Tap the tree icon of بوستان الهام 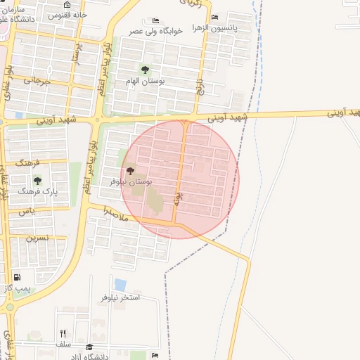pos(145,70)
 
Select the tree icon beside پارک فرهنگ pos(37,181)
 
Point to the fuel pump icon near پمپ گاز pos(17,278)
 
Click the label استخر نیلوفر pos(120,297)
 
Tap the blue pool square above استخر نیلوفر pos(120,285)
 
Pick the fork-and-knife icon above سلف pos(63,333)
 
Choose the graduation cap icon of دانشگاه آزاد pos(89,347)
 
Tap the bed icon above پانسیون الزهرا pos(214,18)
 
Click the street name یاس pos(26,211)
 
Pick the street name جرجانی pos(38,81)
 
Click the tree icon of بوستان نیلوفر pos(131,172)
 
